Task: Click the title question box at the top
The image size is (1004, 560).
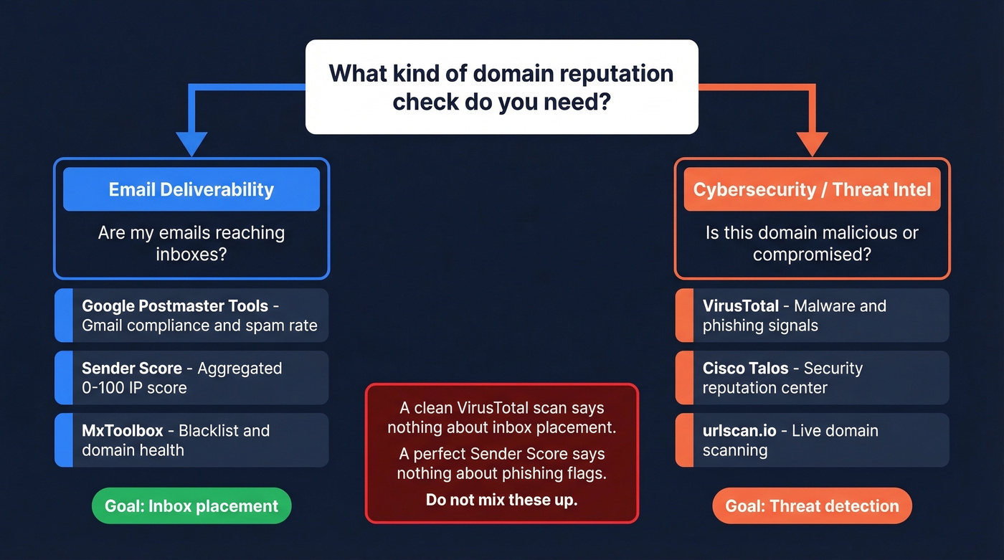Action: click(x=501, y=87)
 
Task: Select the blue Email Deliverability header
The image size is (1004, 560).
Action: click(x=191, y=189)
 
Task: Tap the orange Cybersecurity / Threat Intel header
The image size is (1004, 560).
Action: click(x=812, y=189)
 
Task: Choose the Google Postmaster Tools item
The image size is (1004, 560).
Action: click(x=191, y=315)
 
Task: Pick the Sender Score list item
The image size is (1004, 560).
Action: click(x=191, y=378)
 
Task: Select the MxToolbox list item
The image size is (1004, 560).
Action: click(x=191, y=440)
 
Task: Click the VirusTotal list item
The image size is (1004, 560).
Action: click(x=812, y=315)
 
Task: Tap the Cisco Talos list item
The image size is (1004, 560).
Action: click(x=812, y=378)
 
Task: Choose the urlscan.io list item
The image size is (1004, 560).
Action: click(x=812, y=440)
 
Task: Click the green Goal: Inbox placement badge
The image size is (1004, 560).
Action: click(x=191, y=506)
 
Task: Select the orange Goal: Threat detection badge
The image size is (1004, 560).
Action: click(x=812, y=506)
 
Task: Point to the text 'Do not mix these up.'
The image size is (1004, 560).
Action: click(x=501, y=500)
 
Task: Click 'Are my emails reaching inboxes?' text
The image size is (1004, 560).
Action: click(x=191, y=243)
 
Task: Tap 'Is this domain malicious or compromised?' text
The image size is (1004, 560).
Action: click(x=812, y=243)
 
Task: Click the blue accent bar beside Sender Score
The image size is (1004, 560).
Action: click(x=64, y=378)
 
